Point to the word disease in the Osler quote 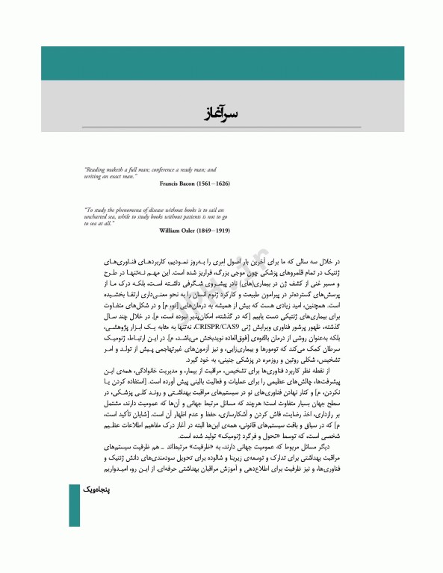click(158, 210)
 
